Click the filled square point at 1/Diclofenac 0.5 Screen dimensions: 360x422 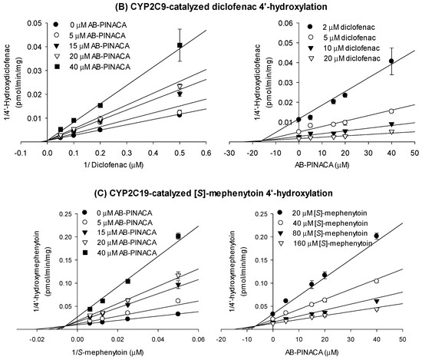(x=179, y=45)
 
